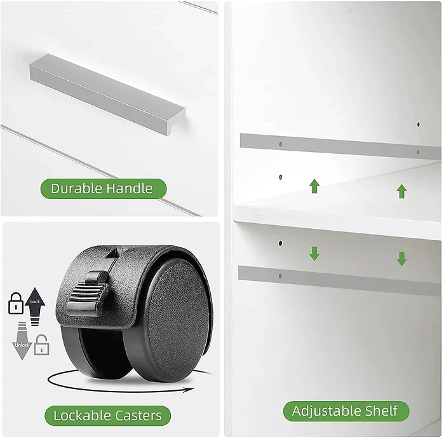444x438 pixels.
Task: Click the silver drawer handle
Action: click(x=107, y=95)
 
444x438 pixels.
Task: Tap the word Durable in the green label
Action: click(x=76, y=188)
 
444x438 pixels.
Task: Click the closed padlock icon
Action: click(x=16, y=303)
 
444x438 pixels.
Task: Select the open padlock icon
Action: click(x=42, y=345)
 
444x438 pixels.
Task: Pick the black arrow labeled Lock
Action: click(x=35, y=306)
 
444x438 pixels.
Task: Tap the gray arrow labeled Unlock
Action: click(x=22, y=341)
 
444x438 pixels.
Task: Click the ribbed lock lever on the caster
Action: click(x=88, y=294)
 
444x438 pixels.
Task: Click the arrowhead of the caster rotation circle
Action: click(x=189, y=390)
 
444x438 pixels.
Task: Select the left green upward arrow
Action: click(x=314, y=186)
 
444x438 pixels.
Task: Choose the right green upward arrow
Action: click(x=402, y=191)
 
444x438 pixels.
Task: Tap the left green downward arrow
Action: click(x=314, y=254)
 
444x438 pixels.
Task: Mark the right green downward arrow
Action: click(x=402, y=259)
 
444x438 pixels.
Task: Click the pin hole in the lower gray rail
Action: click(x=280, y=276)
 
